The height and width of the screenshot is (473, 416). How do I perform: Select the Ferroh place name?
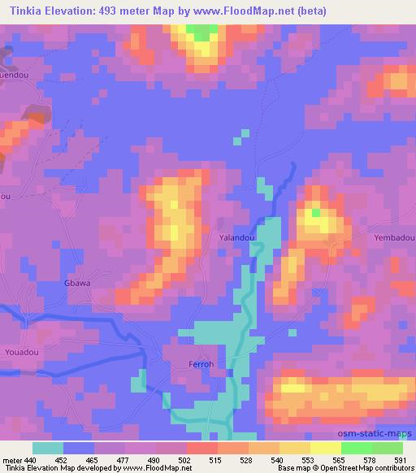[x=201, y=363]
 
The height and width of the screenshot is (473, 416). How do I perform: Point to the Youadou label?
[x=20, y=353]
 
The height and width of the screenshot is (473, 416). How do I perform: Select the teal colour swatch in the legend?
[x=48, y=448]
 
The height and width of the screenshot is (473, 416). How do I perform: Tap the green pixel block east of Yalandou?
[x=316, y=213]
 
